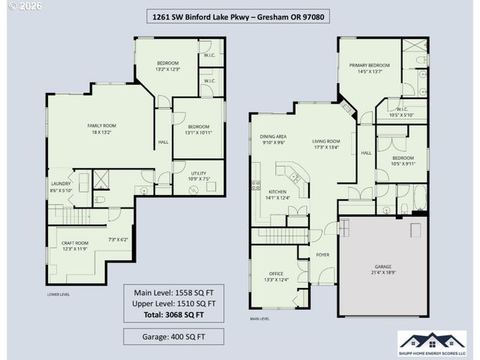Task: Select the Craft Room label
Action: pos(75,245)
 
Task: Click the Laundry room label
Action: pos(61,187)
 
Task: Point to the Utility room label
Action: pos(199,175)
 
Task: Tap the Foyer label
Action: pos(322,255)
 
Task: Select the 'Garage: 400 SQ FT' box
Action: pos(174,337)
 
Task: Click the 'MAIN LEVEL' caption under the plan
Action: pos(260,319)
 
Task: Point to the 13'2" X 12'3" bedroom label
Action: pos(167,66)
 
